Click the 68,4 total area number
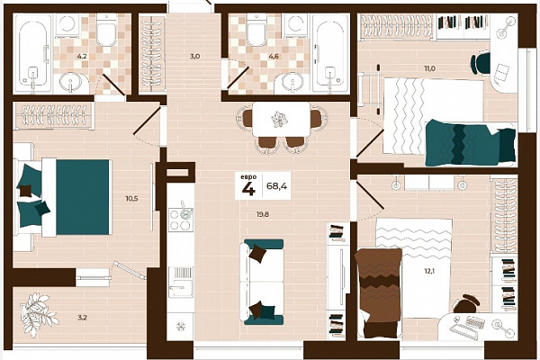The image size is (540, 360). pos(276,186)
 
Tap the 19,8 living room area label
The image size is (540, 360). pos(263,214)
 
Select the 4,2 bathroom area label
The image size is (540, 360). pos(82,56)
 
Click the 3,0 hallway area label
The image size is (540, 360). pos(195,56)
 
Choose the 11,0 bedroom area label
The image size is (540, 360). pos(429,68)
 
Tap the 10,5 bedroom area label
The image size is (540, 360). pos(131,198)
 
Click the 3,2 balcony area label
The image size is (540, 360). pos(82,318)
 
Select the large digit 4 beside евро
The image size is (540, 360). pos(248,189)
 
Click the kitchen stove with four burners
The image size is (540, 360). pos(181,220)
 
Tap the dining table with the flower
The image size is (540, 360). pos(282,119)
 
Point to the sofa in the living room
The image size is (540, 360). pos(263,282)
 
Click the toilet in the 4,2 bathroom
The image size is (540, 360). pos(108,30)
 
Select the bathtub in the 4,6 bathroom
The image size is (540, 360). pos(328,53)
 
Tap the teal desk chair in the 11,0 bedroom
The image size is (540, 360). pos(481,62)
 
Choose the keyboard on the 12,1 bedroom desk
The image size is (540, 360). pos(475,322)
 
